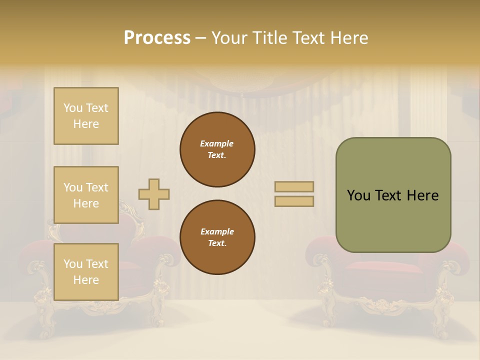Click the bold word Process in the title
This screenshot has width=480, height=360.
[157, 38]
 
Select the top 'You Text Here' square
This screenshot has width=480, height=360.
[86, 116]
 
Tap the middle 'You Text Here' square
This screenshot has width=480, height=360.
[86, 195]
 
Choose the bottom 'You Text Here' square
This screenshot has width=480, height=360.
[86, 271]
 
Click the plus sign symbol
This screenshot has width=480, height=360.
[154, 194]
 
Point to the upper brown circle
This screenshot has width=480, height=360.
[217, 149]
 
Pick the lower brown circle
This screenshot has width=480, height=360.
[217, 237]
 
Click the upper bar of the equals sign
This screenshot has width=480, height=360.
[294, 186]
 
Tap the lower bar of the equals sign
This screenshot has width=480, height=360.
[294, 201]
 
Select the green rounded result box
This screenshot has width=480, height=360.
[393, 195]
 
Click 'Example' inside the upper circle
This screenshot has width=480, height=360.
[217, 143]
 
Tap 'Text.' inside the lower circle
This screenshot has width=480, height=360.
[217, 243]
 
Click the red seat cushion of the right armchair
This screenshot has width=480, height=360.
[385, 267]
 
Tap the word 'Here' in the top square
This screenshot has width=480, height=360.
[86, 124]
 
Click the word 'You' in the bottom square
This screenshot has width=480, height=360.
[73, 263]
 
